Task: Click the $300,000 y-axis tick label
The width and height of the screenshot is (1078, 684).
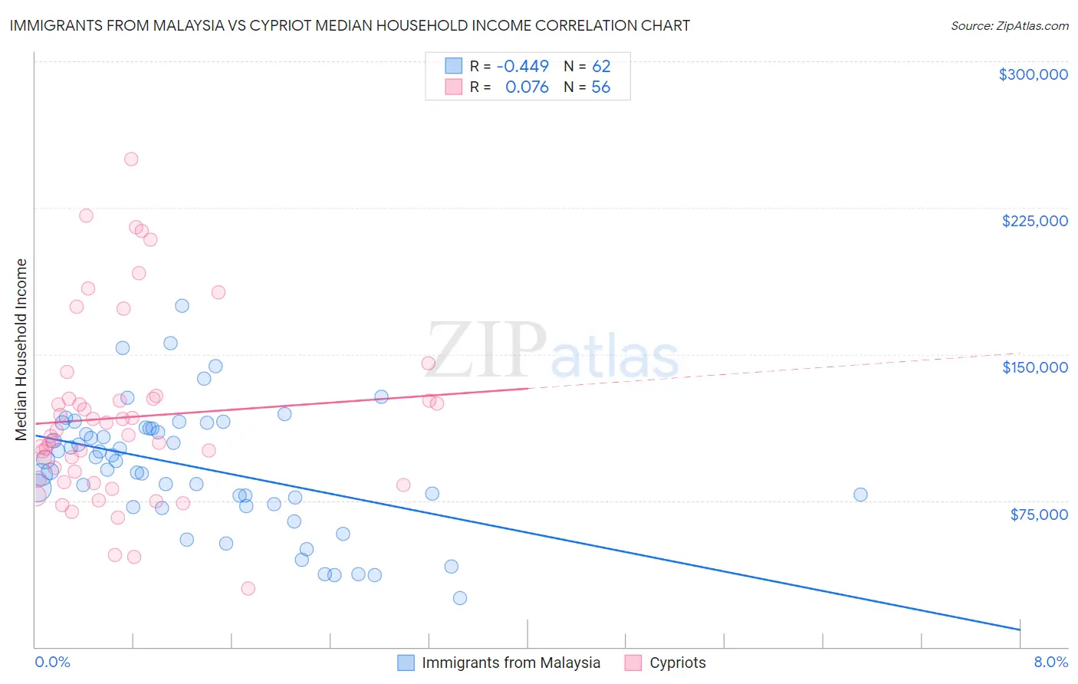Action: coord(1033,74)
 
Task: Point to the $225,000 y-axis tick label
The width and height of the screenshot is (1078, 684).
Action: coord(1034,221)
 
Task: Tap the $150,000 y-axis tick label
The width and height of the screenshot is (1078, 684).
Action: coord(1034,367)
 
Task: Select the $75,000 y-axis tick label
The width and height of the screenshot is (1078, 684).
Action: coord(1038,514)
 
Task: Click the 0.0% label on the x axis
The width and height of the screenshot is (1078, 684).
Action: coord(52,662)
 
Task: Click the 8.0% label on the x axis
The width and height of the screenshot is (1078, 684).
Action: coord(1050,662)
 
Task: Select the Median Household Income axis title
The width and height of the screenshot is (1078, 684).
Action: coord(21,350)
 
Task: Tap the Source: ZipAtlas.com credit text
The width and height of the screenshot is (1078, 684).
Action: coord(1009,25)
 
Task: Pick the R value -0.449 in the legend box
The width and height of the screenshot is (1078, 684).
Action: coord(523,66)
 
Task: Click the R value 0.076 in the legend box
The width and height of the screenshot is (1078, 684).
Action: coord(527,87)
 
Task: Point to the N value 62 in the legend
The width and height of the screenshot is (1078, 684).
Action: coord(601,66)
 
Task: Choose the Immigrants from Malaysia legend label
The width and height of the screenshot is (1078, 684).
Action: coord(511,663)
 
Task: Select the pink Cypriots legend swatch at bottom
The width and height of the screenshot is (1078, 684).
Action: coord(633,663)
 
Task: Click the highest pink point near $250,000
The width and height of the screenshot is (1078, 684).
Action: coord(131,159)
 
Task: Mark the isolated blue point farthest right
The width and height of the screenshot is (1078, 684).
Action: coord(860,495)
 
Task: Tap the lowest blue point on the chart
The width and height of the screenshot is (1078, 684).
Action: coord(460,598)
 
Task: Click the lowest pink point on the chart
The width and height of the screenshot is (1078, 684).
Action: coord(248,589)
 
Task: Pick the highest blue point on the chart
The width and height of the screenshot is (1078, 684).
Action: coord(182,306)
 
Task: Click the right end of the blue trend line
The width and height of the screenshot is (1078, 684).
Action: coord(1020,630)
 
